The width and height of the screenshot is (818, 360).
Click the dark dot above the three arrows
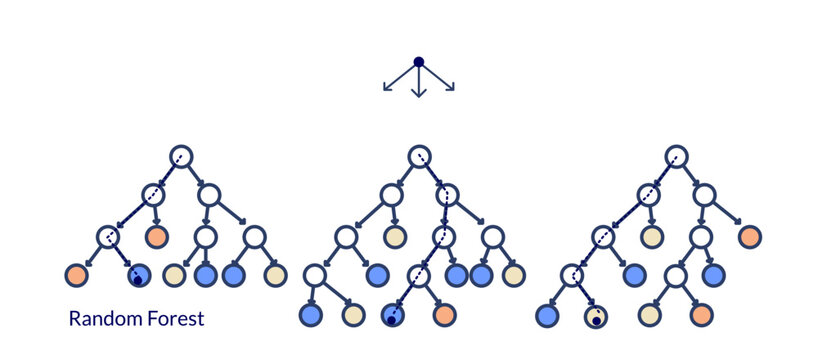pyautogui.click(x=419, y=62)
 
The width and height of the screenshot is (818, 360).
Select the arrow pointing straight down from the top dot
pyautogui.click(x=419, y=83)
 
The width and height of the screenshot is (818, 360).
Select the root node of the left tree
pyautogui.click(x=180, y=156)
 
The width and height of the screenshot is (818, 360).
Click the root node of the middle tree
pyautogui.click(x=419, y=156)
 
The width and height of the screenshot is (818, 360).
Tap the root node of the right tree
pyautogui.click(x=677, y=156)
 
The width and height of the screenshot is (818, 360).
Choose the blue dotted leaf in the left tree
pyautogui.click(x=139, y=275)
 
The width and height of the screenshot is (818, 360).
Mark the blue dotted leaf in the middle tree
pyautogui.click(x=393, y=315)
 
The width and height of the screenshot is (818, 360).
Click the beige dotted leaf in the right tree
pyautogui.click(x=595, y=316)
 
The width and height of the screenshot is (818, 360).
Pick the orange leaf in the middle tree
pyautogui.click(x=444, y=315)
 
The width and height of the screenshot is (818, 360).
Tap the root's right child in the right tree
pyautogui.click(x=705, y=195)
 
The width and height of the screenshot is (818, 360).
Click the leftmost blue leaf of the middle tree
pyautogui.click(x=310, y=315)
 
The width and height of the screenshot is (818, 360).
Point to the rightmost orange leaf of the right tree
pyautogui.click(x=750, y=237)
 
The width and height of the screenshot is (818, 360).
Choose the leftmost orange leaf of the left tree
pyautogui.click(x=77, y=275)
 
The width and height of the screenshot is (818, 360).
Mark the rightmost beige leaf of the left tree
pyautogui.click(x=276, y=275)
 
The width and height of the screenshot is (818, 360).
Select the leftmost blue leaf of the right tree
pyautogui.click(x=546, y=316)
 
